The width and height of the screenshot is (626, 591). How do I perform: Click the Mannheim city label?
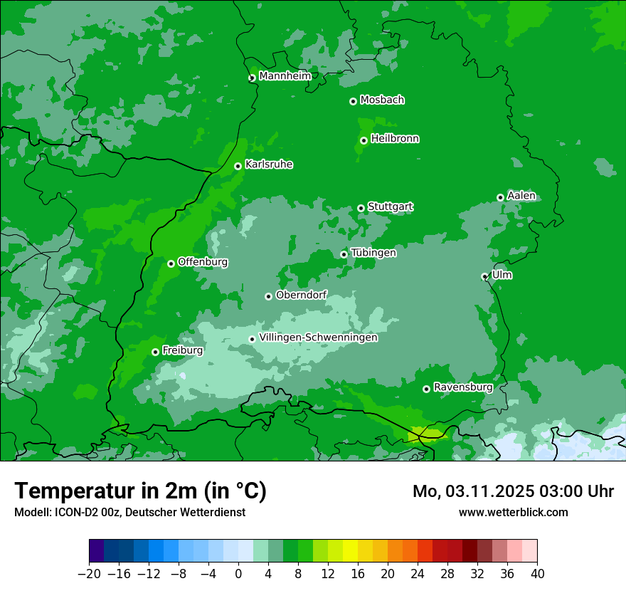tap(285, 76)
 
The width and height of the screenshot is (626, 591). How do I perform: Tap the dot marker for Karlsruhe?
tap(238, 167)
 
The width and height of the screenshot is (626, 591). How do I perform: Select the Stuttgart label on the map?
tap(390, 207)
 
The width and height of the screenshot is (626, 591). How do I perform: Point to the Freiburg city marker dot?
tap(155, 352)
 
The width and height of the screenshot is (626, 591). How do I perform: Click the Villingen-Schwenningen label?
tap(318, 338)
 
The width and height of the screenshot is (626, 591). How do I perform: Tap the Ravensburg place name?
tap(462, 387)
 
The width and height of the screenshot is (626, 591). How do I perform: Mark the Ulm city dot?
tap(484, 276)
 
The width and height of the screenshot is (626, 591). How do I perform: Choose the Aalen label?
tap(521, 196)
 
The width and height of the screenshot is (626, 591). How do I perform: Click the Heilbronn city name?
tap(395, 139)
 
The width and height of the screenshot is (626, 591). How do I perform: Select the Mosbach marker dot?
tap(353, 101)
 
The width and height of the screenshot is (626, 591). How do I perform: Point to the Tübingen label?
tap(373, 253)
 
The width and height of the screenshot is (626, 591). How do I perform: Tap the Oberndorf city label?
tap(301, 295)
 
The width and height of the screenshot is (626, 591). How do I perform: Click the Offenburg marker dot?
tap(171, 263)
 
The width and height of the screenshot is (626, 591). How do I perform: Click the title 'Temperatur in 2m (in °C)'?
tap(140, 491)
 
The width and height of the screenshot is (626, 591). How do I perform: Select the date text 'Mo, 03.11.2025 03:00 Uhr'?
tap(513, 491)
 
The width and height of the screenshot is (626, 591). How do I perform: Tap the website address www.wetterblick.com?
tap(513, 512)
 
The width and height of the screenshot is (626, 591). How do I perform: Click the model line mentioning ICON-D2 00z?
tap(129, 512)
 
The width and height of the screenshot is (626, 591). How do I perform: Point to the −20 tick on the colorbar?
tap(89, 574)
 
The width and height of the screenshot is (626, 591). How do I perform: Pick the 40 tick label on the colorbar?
tap(537, 574)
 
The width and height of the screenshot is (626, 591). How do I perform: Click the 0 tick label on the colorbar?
tap(238, 574)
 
